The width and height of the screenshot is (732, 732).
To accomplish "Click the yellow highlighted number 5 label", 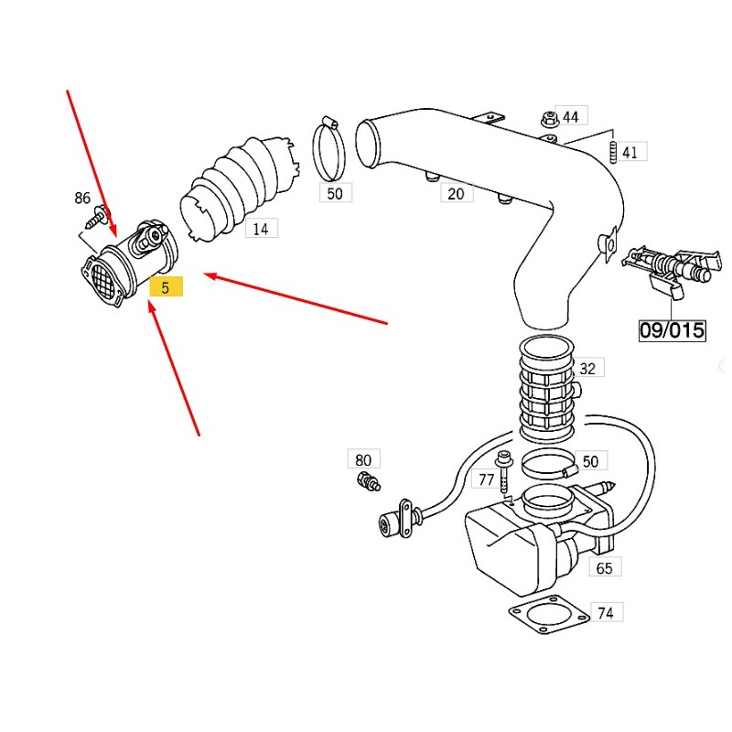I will (x=167, y=287).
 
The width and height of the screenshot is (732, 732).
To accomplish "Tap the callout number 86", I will (x=82, y=199).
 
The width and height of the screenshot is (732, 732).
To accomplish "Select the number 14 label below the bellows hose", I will (x=261, y=229).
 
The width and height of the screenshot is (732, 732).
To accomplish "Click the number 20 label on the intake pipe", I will (x=455, y=193).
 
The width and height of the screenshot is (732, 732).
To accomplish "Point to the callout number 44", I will (x=571, y=117).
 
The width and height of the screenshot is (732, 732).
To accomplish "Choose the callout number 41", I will (x=630, y=152).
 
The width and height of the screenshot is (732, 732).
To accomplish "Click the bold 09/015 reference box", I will (x=672, y=329).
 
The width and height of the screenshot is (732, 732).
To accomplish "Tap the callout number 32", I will (x=587, y=369).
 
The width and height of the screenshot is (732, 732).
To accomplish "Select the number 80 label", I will (x=363, y=460).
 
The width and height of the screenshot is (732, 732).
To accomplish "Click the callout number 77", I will (x=486, y=479).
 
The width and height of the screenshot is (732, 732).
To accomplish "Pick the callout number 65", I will (x=604, y=568).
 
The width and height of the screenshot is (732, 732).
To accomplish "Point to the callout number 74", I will (x=605, y=613).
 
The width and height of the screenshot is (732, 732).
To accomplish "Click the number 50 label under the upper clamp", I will (x=334, y=193).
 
